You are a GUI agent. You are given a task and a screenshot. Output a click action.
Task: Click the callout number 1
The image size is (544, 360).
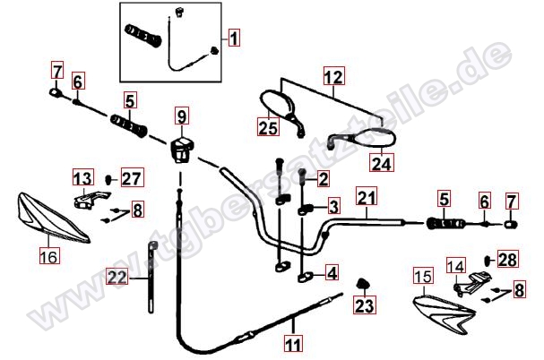[234, 38]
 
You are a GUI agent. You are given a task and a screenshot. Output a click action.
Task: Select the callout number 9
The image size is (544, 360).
[181, 116]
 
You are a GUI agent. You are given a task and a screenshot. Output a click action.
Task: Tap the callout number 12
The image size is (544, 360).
[333, 76]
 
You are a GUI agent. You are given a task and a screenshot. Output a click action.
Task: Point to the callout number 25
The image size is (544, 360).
[268, 127]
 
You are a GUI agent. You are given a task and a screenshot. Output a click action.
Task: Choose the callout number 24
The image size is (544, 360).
[381, 162]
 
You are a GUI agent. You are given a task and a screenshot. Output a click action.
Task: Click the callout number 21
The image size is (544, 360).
[367, 197]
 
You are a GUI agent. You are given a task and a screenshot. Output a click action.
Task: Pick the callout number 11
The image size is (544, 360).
[294, 344]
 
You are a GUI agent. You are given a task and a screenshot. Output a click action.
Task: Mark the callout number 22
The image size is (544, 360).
[117, 277]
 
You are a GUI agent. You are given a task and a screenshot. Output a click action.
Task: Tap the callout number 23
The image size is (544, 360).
[365, 305]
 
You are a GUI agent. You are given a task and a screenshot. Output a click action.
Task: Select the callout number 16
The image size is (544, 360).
[49, 256]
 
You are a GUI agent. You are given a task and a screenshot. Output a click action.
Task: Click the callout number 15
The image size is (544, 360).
[423, 276]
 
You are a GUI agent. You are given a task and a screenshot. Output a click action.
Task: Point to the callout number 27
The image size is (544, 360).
[132, 177]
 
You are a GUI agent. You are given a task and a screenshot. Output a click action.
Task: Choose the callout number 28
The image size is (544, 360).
[508, 259]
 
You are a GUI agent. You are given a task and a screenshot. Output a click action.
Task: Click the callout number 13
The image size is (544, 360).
[83, 177]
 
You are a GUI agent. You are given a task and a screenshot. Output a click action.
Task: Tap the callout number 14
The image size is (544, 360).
[456, 266]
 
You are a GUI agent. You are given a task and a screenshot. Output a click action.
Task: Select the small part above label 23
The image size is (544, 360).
[363, 284]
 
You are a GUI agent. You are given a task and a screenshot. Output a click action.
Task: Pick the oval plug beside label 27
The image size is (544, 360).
[109, 180]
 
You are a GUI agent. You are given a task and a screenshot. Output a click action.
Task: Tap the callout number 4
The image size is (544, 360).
[332, 272]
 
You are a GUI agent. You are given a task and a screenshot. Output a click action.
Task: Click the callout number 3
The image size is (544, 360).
[333, 206]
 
